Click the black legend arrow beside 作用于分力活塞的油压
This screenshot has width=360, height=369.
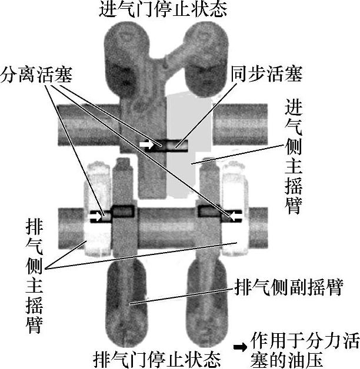point(240,347)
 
